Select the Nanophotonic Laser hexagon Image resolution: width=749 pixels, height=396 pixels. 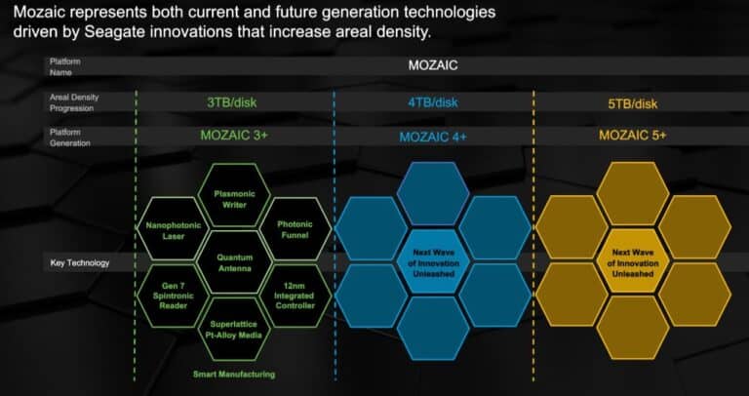point(174,229)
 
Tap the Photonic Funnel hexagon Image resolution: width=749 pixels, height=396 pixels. point(296,229)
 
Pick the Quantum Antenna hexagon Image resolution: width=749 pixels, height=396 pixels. point(234,262)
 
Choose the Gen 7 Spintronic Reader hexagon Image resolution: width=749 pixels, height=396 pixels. point(174,296)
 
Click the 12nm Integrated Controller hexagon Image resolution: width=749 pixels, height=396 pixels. point(296,296)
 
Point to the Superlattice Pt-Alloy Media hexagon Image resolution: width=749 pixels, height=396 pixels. point(234,329)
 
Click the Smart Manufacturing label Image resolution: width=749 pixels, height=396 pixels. point(234,375)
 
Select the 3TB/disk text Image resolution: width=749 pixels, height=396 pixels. point(232,102)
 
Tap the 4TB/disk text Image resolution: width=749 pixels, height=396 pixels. point(433,102)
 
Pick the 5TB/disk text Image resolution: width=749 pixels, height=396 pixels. point(632,103)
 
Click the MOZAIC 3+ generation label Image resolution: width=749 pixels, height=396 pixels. point(234,136)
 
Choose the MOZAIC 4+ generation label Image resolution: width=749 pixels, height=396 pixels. point(433,137)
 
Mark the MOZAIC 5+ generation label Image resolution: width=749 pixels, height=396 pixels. point(632,136)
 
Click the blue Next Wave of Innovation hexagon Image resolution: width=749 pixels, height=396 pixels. point(433,262)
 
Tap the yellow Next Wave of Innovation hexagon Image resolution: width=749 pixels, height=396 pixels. point(633,262)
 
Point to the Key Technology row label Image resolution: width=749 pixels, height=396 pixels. point(80,262)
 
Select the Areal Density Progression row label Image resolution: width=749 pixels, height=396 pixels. point(74,102)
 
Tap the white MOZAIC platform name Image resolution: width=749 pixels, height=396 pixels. point(433,65)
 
